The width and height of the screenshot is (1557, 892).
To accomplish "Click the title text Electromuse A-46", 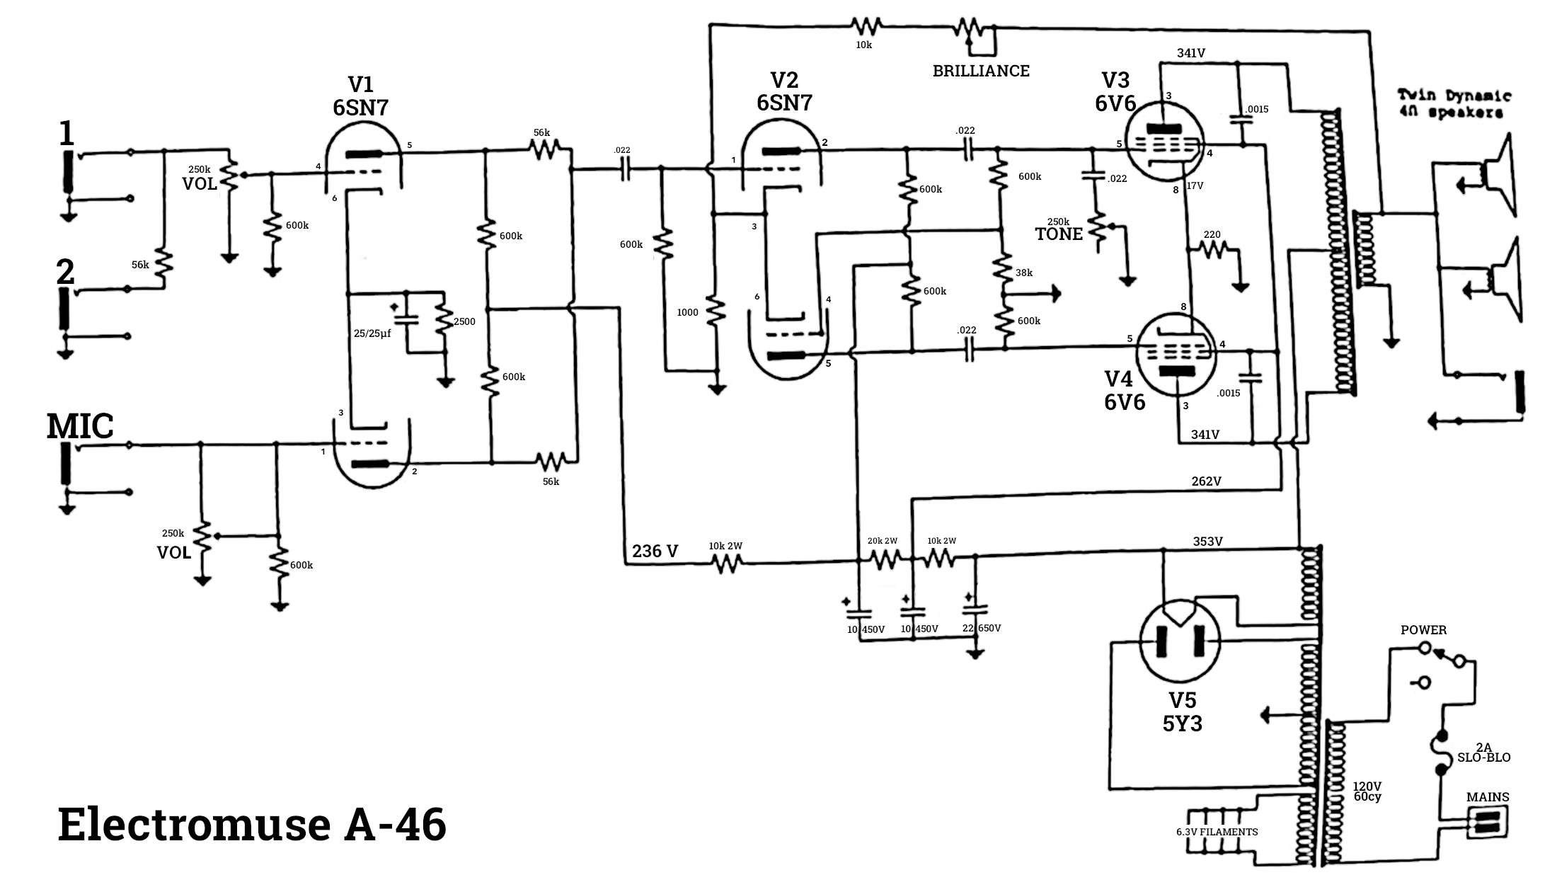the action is (252, 825).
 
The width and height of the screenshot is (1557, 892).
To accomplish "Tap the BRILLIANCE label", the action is (981, 71).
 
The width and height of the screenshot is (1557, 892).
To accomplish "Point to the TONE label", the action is (1059, 234).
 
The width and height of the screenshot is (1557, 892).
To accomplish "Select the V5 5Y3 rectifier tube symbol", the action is (1181, 641).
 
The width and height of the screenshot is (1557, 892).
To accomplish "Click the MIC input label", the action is (80, 426).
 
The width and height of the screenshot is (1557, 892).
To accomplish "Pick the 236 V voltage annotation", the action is (655, 551).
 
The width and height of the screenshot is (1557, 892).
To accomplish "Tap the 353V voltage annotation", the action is (1207, 542).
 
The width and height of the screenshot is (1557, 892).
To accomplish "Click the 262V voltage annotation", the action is (1206, 481).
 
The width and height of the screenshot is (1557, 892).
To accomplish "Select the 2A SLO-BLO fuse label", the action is (1483, 753).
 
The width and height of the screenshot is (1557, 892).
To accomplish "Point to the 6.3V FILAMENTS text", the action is (1217, 832).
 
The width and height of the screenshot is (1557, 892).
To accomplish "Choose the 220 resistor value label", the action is (1212, 235).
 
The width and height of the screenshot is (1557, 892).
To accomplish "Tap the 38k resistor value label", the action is (1023, 273).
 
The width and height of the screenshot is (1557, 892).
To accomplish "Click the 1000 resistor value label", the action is (687, 312).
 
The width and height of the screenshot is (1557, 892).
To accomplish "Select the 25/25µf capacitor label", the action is (372, 333).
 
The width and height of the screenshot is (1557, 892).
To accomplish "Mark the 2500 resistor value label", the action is (464, 321).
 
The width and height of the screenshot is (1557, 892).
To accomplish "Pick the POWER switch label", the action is (1424, 630).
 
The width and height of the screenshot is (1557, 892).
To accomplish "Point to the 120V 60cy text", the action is (1367, 791).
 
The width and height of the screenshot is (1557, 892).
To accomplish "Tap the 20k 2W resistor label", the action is (883, 541).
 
